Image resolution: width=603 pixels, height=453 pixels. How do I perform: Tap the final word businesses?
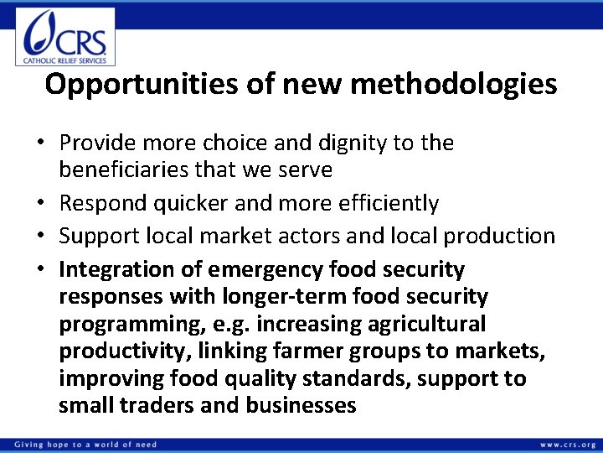301,406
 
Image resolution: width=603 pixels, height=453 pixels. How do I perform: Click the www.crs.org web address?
568,443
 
